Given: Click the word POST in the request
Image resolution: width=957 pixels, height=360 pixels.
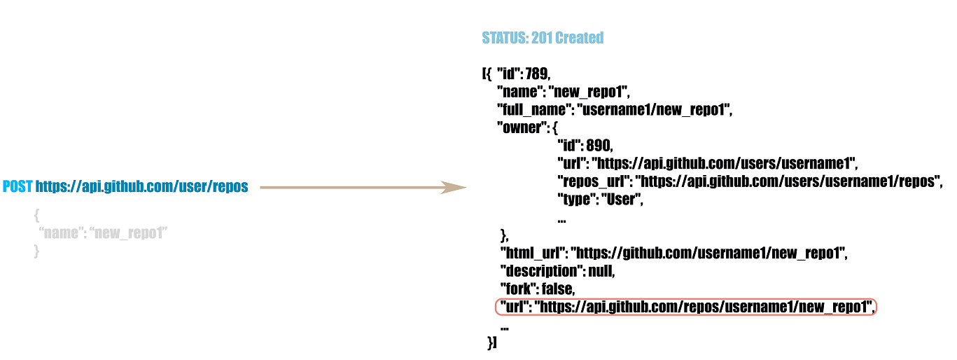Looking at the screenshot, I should coord(18,187).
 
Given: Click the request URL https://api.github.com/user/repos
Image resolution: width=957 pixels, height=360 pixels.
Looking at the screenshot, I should coord(141,187).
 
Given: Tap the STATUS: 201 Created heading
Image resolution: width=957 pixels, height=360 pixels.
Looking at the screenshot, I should coord(543,38).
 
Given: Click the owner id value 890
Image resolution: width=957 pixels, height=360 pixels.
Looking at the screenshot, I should coord(599,146).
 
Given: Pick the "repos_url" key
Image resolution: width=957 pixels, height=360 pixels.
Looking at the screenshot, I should coord(594,181).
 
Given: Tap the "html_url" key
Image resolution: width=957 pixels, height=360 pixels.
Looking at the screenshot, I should coord(532,253).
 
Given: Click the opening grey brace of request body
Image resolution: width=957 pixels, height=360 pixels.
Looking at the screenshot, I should coord(37,215).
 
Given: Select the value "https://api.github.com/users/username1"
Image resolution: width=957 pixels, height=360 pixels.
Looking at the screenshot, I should coord(725,164).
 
